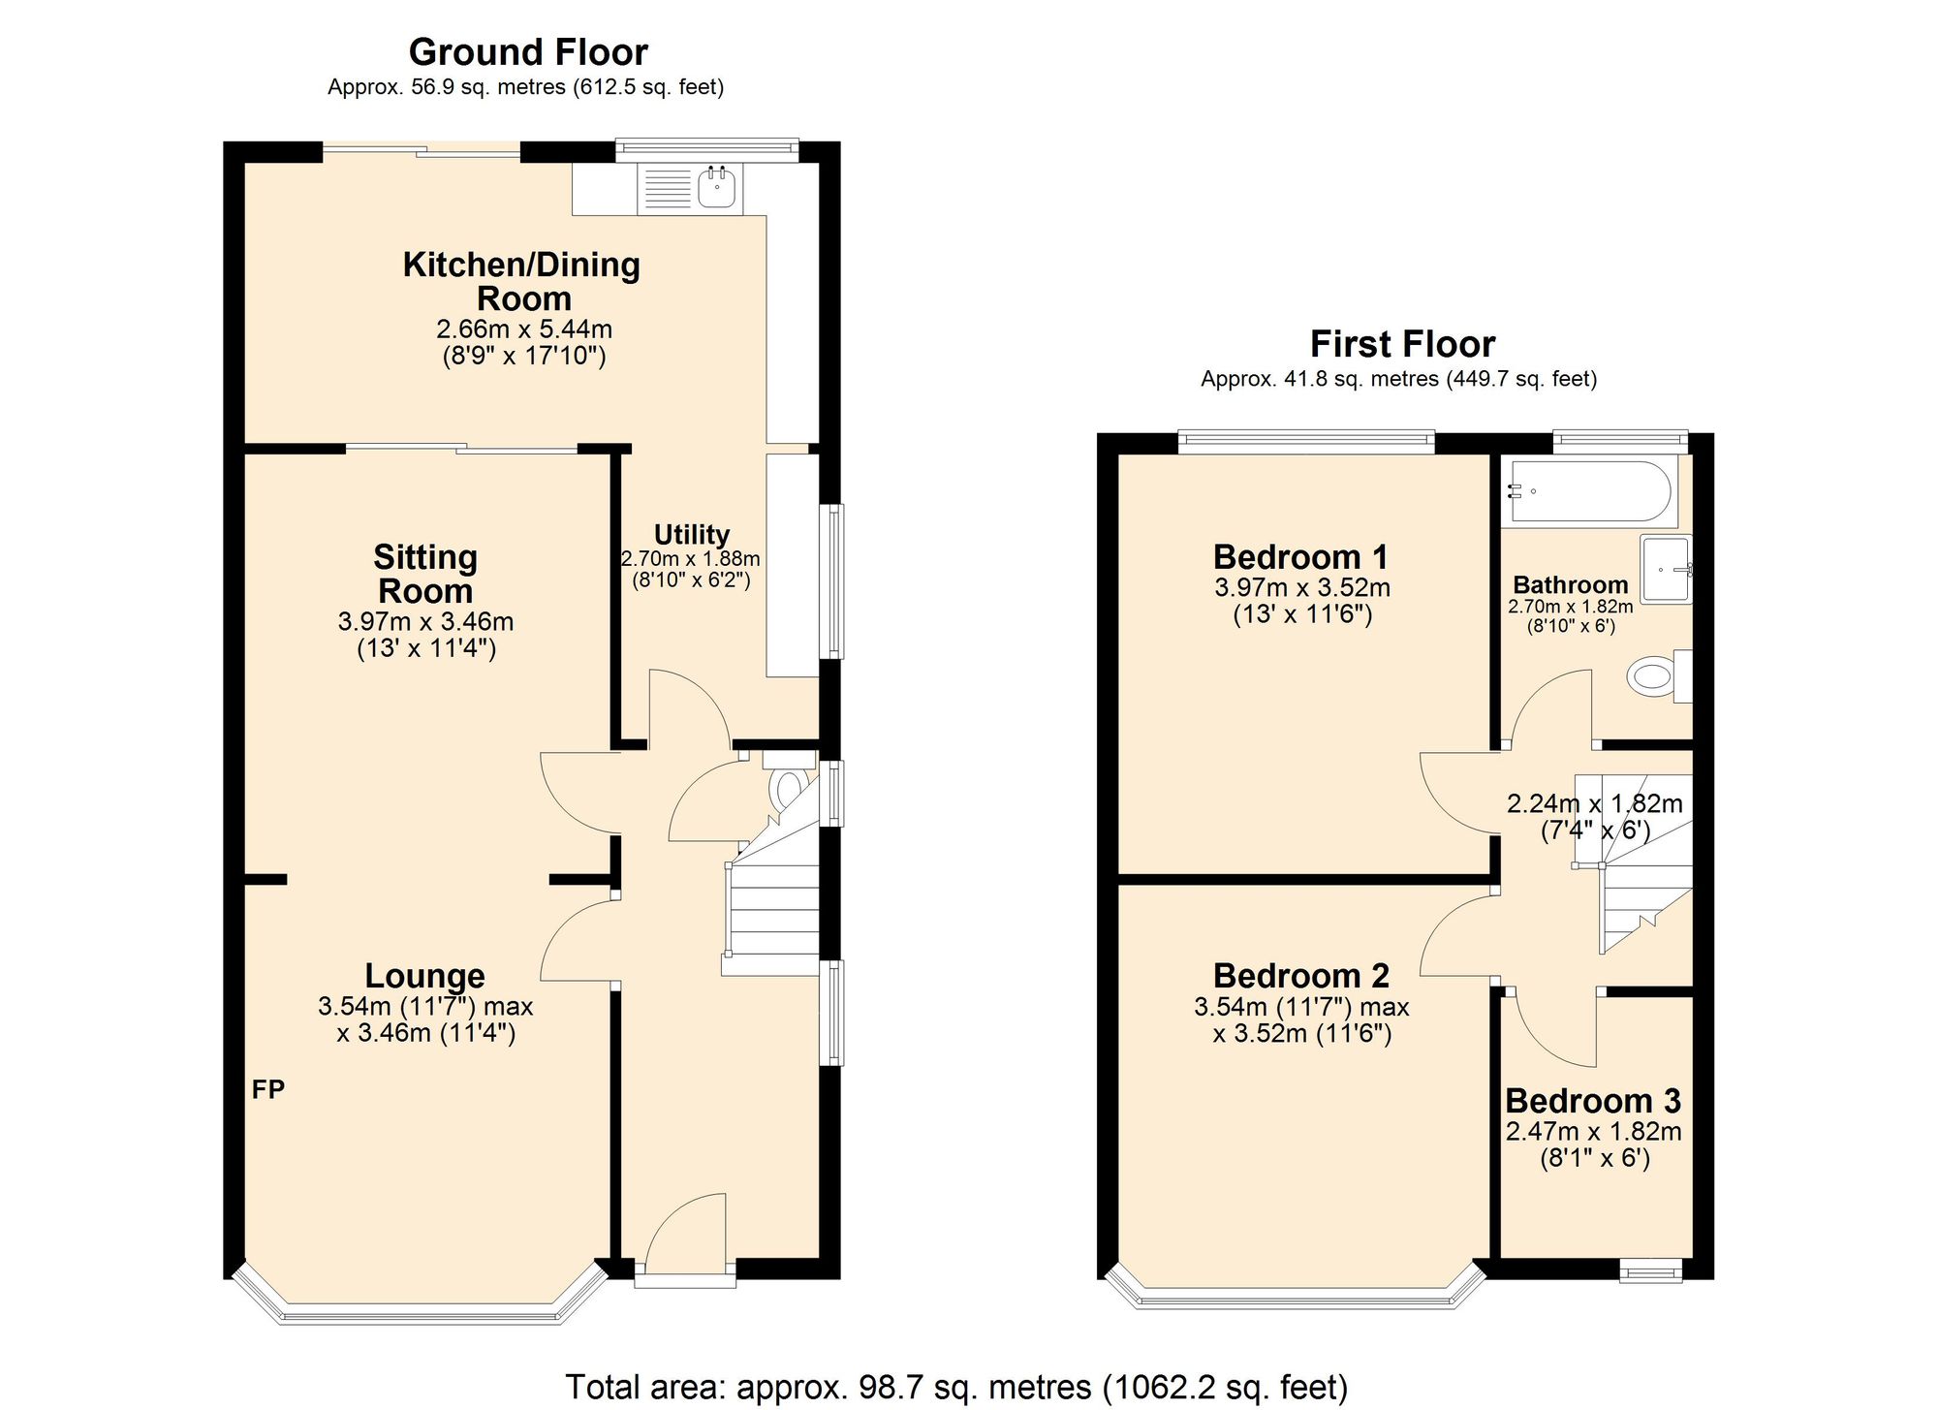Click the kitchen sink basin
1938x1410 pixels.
[717, 187]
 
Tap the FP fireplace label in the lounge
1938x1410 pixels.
[268, 1090]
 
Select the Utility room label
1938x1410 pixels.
[691, 535]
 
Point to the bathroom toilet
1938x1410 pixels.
[1655, 675]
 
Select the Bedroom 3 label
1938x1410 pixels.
[1592, 1101]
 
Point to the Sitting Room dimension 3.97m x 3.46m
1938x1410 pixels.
[425, 622]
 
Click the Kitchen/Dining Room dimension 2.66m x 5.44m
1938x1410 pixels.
[523, 329]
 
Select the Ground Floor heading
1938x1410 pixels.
[528, 52]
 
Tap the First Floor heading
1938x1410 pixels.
[1402, 344]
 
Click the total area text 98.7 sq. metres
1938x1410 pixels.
[955, 1387]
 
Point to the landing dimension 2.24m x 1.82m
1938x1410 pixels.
[1594, 803]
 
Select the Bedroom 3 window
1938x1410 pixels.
[1651, 1269]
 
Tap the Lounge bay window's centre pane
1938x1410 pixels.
[421, 1316]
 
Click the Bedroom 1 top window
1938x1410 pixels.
[1305, 441]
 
